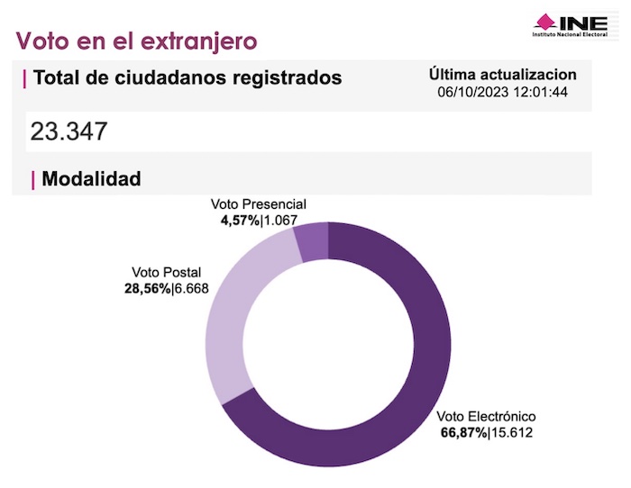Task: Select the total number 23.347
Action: point(69,131)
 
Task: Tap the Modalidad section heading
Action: point(91,179)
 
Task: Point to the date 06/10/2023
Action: point(471,92)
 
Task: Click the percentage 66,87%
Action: point(462,433)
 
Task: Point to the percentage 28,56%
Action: point(147,288)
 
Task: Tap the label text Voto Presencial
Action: point(259,204)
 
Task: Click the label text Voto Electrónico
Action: point(487,417)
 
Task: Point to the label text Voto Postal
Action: point(166,273)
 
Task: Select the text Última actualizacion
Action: point(503,75)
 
